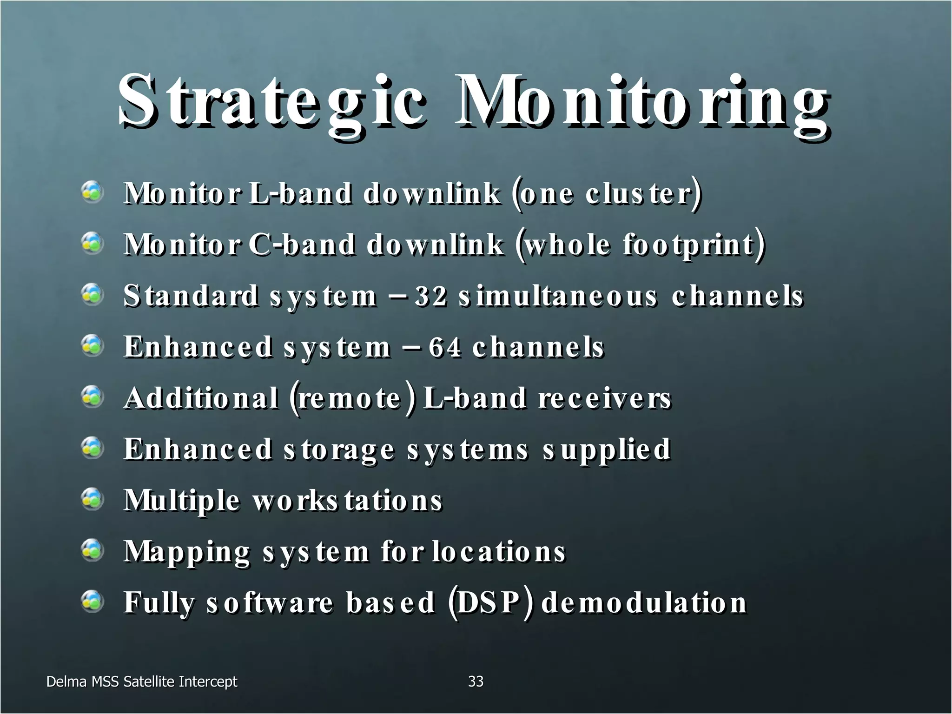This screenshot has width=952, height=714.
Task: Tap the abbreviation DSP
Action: click(488, 603)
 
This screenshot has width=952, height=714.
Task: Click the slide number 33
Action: click(476, 681)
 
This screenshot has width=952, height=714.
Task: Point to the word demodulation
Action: click(644, 603)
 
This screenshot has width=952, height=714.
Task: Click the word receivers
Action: click(605, 398)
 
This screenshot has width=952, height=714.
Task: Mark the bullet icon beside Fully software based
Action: click(93, 602)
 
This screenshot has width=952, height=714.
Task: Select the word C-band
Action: click(301, 245)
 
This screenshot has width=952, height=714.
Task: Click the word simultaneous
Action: click(558, 296)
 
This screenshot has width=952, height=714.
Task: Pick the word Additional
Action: click(201, 398)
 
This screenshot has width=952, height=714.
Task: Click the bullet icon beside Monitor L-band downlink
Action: click(93, 192)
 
